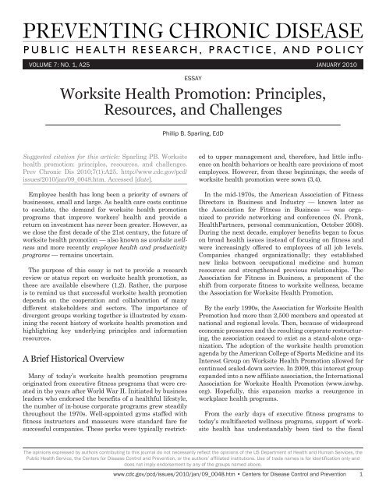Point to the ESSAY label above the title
point(193,78)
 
